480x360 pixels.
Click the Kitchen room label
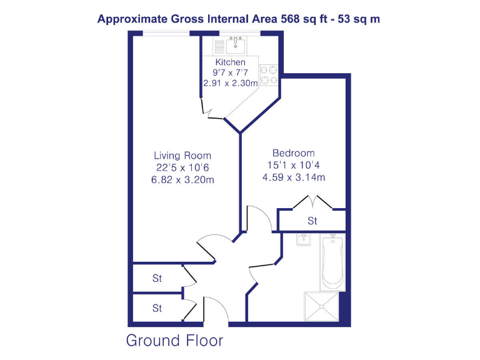click(x=231, y=63)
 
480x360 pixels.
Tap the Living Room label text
click(x=182, y=156)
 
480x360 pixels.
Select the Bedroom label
click(x=293, y=153)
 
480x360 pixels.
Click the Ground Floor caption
click(x=174, y=341)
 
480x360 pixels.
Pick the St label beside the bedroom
click(x=312, y=221)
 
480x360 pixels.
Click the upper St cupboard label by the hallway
click(x=157, y=279)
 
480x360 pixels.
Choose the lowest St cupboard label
click(x=157, y=308)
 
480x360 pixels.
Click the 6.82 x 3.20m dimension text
click(x=182, y=180)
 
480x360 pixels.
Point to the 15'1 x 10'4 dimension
click(x=293, y=166)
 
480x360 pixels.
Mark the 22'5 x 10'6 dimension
click(x=182, y=167)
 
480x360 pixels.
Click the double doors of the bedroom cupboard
click(x=312, y=202)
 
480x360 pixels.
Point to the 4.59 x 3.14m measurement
click(x=293, y=177)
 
